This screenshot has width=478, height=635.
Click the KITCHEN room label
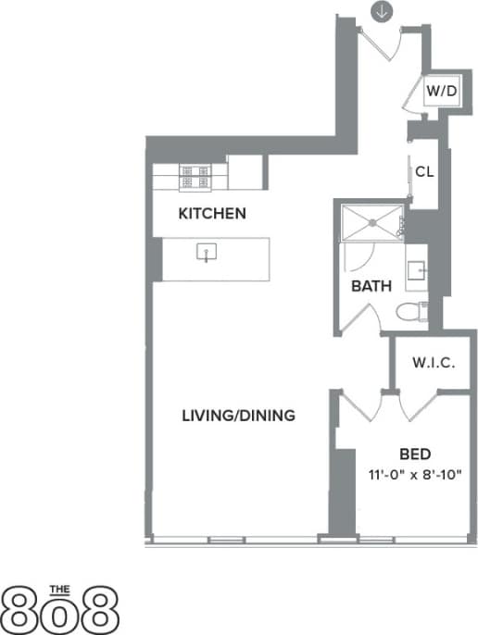pos(212,214)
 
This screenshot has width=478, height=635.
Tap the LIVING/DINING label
pos(239,416)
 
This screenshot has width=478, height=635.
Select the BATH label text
pos(370,287)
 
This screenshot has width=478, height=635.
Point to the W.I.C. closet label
pos(434,362)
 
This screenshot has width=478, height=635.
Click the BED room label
pos(413,454)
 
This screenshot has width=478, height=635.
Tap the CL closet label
pos(425,171)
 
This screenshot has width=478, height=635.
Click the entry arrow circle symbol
pos(382,11)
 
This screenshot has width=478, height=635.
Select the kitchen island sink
pos(207,252)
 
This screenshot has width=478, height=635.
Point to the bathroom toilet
pos(410,312)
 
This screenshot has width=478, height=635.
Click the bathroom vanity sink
pos(418,270)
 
